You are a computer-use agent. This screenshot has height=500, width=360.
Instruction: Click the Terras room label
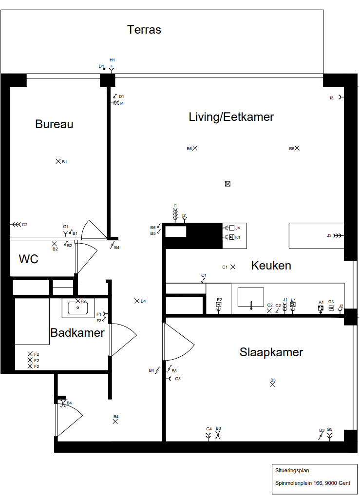click(144, 30)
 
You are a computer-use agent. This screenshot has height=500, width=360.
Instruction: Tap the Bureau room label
click(54, 124)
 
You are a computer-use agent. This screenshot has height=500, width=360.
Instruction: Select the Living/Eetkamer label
click(231, 116)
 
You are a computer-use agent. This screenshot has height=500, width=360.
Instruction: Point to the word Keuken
click(271, 265)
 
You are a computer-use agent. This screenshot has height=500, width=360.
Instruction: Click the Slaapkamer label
click(271, 352)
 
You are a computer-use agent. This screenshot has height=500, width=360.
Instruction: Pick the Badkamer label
click(77, 332)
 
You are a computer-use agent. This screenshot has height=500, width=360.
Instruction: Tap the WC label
click(28, 259)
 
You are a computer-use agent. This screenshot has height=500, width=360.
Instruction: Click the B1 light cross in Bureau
click(58, 161)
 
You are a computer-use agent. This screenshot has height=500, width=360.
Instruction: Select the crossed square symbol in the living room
click(227, 184)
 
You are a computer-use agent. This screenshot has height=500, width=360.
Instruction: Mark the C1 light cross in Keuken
click(233, 267)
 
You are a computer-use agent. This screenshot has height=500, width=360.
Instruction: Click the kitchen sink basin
click(251, 297)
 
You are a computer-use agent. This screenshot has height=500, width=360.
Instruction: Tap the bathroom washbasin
click(78, 308)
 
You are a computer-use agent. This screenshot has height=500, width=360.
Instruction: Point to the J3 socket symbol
click(338, 236)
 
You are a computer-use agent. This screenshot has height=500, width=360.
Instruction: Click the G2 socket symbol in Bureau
click(16, 225)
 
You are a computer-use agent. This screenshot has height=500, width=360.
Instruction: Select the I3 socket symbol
click(341, 97)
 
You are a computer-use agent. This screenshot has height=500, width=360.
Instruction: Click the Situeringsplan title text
click(292, 470)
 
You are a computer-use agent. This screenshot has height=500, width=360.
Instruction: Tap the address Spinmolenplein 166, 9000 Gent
click(313, 483)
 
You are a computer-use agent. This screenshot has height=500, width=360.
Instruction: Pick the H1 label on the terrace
click(112, 60)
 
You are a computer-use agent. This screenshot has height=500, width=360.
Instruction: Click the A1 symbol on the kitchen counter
click(321, 308)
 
